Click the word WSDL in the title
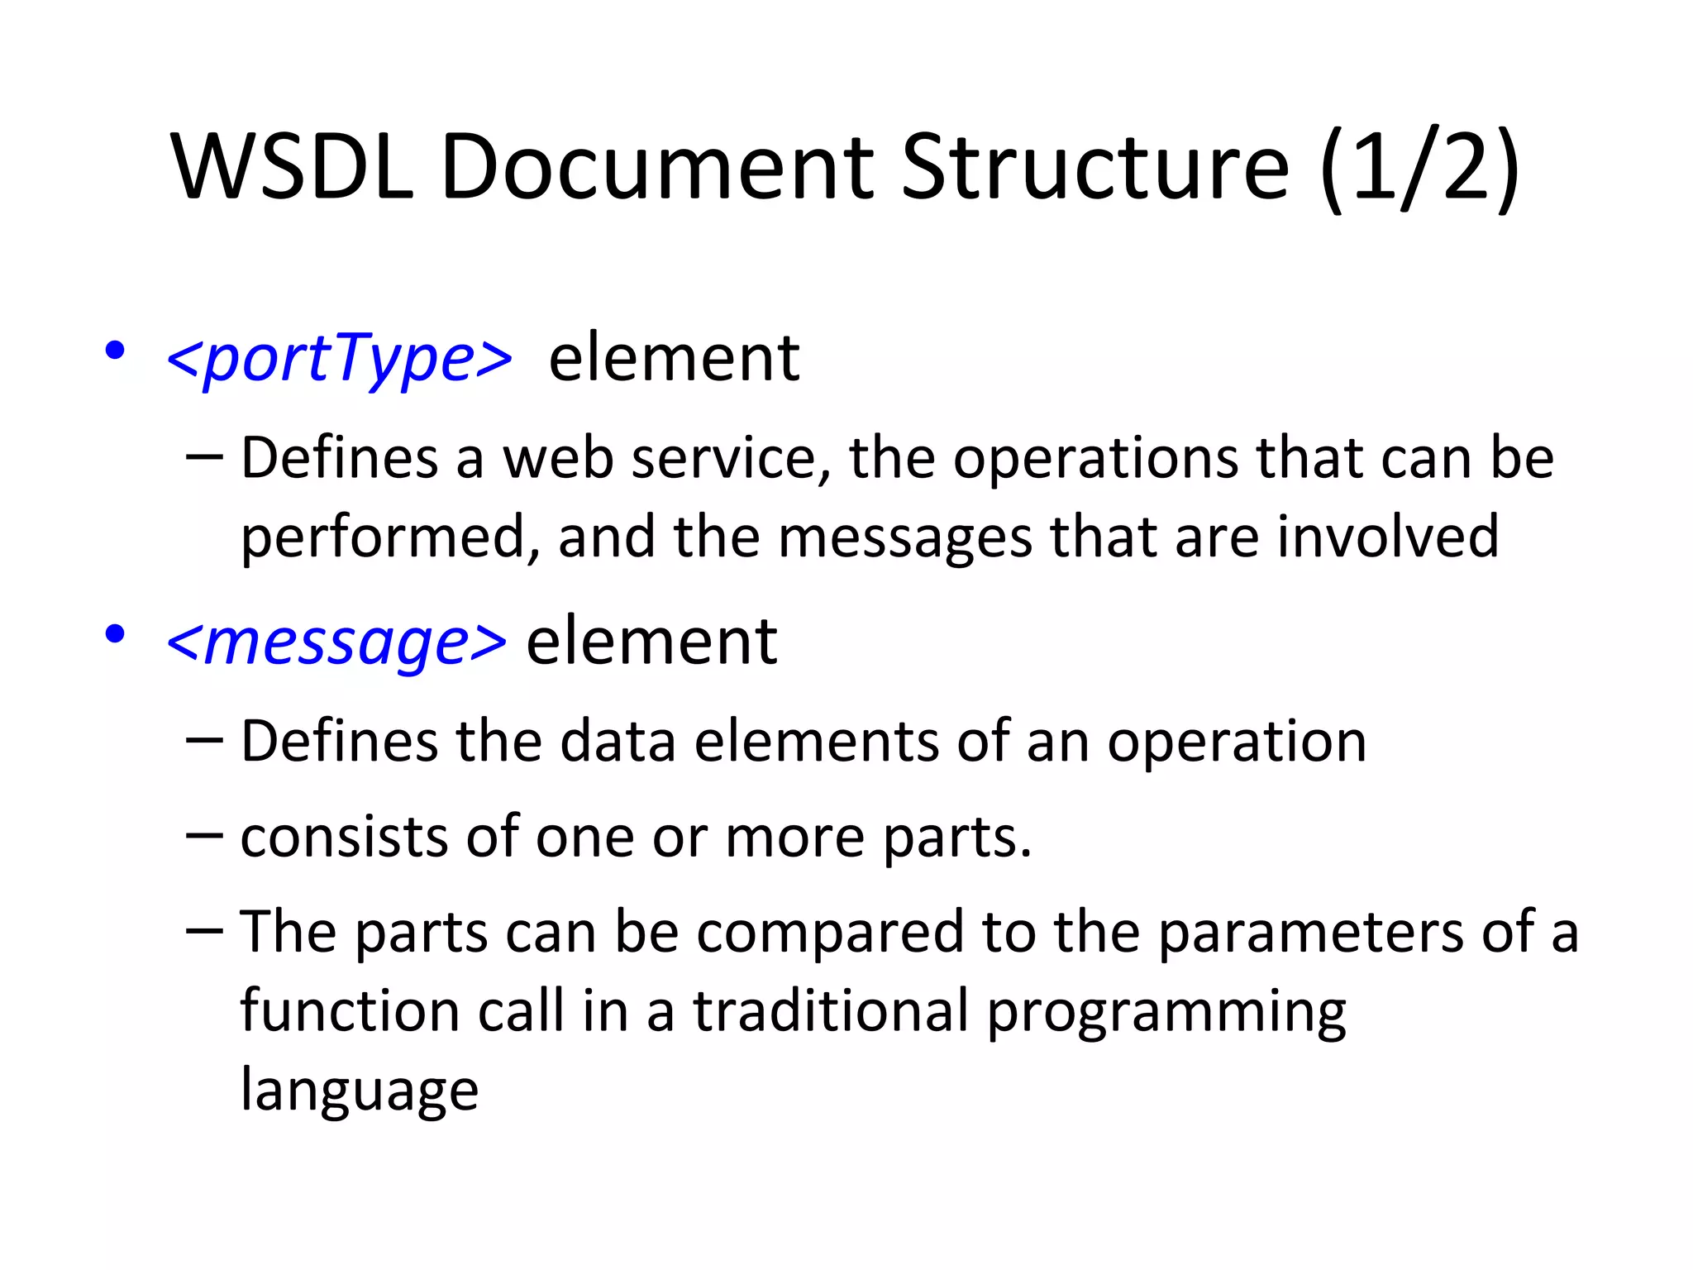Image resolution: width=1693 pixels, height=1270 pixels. pos(292,167)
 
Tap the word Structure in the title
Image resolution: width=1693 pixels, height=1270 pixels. pos(1094,167)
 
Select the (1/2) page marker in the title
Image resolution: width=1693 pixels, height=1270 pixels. pos(1419,167)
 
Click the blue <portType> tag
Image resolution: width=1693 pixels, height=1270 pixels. pos(339,358)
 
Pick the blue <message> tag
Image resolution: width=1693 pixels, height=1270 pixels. pos(336,642)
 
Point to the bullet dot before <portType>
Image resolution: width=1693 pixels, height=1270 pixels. pos(115,351)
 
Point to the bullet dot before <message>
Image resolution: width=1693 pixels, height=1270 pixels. pos(115,635)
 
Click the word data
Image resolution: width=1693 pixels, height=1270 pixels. pos(617,741)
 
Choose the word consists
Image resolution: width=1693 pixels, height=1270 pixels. pos(344,837)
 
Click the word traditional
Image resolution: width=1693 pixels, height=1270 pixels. pos(830,1011)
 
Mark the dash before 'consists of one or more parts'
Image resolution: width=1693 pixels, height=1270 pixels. pos(204,835)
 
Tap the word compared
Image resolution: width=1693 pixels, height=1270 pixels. pos(830,933)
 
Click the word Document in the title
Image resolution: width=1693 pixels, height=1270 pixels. pos(657,167)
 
